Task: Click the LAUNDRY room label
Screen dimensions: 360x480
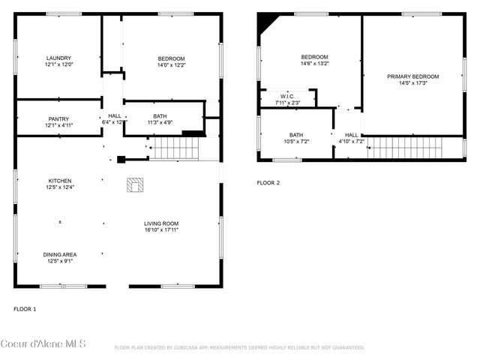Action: (x=58, y=58)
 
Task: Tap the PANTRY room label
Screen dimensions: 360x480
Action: (x=58, y=118)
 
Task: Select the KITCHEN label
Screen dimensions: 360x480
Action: (x=60, y=181)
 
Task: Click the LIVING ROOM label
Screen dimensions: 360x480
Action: (x=161, y=223)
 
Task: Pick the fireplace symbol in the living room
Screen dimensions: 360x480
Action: (x=135, y=184)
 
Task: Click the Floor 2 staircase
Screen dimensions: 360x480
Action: (x=405, y=148)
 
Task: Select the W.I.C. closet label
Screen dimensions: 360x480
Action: (x=287, y=97)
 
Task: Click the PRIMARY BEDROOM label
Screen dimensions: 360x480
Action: (x=412, y=76)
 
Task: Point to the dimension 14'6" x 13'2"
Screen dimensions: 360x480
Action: (x=315, y=64)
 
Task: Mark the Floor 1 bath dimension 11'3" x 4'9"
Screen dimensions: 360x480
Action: (x=160, y=122)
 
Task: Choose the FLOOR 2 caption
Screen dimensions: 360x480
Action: (x=268, y=183)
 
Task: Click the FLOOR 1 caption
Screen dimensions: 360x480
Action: (x=25, y=309)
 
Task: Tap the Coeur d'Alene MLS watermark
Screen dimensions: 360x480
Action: (x=43, y=344)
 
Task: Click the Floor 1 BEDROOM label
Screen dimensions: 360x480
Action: (x=171, y=58)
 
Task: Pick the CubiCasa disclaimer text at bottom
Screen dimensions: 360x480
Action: (x=239, y=348)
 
